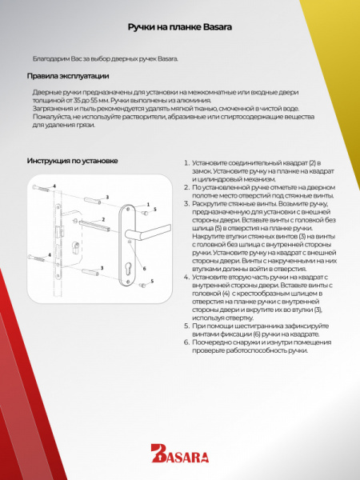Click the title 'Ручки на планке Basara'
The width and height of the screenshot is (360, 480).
[180, 27]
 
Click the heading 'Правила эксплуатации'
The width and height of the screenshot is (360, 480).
[63, 78]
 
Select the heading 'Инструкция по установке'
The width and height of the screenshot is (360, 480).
[72, 161]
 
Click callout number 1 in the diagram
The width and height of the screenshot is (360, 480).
[148, 204]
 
